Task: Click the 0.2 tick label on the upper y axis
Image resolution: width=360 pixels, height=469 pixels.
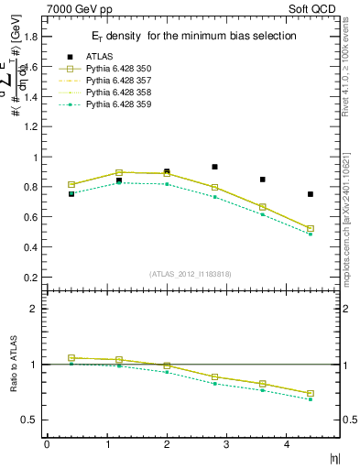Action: (31, 278)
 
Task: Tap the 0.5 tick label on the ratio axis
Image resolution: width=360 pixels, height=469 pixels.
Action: (31, 420)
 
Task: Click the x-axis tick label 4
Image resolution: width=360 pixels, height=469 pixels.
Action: (287, 444)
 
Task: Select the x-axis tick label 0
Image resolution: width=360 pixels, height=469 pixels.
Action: (47, 444)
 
